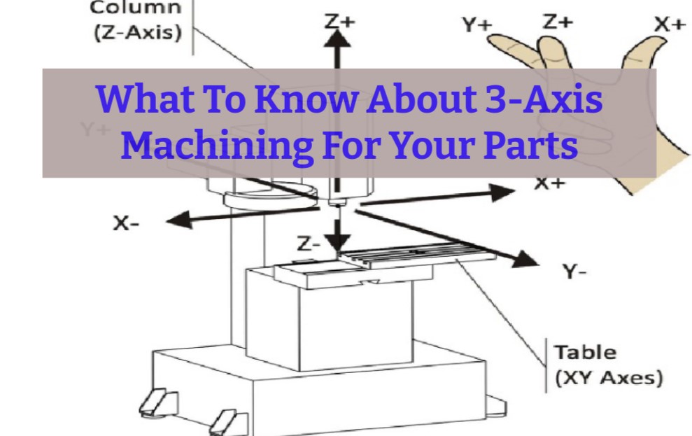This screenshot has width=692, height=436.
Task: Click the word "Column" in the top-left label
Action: pos(136,8)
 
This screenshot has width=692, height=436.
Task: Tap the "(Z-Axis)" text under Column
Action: pos(136,32)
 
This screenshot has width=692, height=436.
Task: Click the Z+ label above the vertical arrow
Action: pos(339,21)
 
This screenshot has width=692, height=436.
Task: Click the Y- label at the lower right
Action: pos(577,272)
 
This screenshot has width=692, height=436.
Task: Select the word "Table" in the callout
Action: pos(585,352)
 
